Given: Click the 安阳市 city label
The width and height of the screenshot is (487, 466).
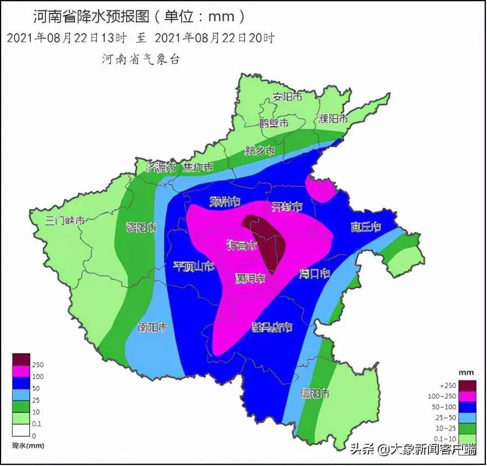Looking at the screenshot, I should pos(287,98).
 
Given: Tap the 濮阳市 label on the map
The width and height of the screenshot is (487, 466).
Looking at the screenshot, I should pos(333,119).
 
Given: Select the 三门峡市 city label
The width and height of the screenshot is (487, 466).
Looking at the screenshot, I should pos(65,221).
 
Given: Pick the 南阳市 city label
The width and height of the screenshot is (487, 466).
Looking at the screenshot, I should pos(152,328).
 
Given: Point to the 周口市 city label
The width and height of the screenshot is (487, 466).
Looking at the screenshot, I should pos(314,274).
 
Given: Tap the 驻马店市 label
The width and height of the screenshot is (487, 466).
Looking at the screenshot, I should pos(272,327).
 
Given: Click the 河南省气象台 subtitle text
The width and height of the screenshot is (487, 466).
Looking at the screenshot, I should pos(141,59).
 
